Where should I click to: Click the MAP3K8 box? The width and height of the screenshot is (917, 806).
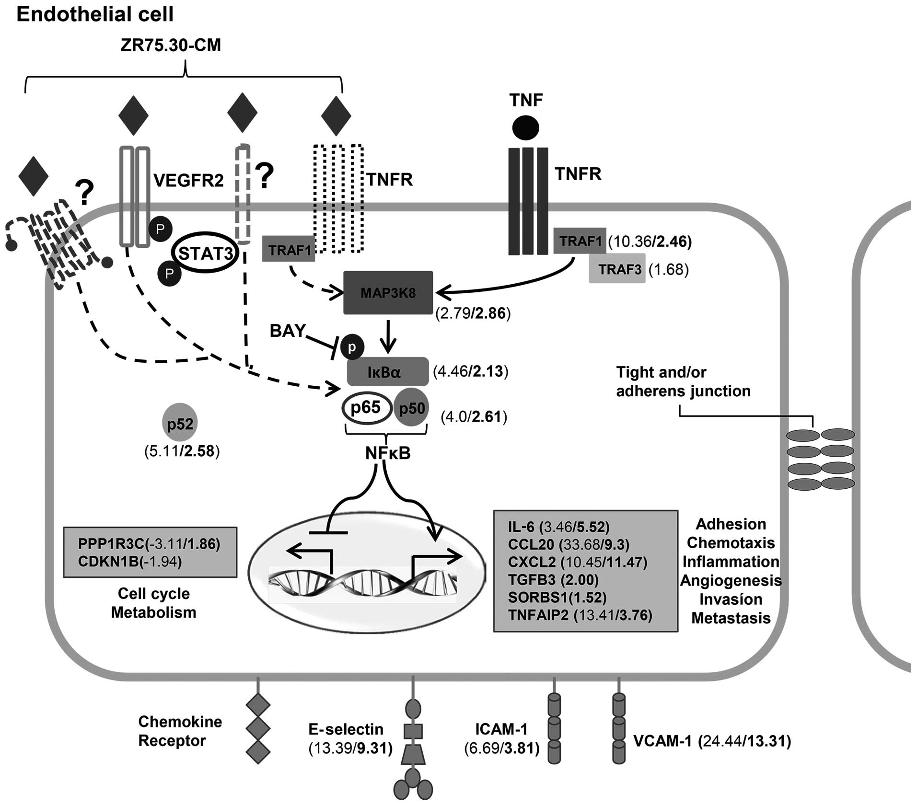[x=388, y=293]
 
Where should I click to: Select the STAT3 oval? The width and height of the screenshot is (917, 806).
[x=206, y=253]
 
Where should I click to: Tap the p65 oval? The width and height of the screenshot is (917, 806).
[x=366, y=408]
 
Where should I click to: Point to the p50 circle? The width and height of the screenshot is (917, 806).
[x=411, y=408]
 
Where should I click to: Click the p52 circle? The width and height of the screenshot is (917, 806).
[x=180, y=424]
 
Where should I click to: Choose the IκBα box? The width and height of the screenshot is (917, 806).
[x=387, y=372]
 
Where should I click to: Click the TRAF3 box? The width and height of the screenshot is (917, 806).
[x=617, y=269]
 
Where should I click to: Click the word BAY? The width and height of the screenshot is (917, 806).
[x=288, y=331]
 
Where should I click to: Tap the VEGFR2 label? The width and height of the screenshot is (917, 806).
[x=188, y=180]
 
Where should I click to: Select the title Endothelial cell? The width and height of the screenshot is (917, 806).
[x=95, y=14]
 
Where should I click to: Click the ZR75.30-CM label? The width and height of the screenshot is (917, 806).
[x=171, y=46]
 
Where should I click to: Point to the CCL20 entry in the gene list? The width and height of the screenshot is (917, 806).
[x=531, y=544]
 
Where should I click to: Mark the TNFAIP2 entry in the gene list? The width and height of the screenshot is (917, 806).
[x=538, y=615]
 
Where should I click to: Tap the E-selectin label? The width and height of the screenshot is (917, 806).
[x=346, y=729]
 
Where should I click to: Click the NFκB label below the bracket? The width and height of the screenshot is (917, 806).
[x=387, y=453]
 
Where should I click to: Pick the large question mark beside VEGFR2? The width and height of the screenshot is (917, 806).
[x=264, y=175]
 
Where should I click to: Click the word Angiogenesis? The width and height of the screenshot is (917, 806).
[x=731, y=580]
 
